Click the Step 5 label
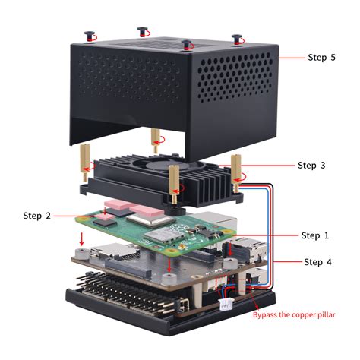pos(321,57)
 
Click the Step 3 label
pos(311,165)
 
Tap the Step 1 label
pos(315,235)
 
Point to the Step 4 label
pos(318,262)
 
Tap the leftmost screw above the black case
pos(90,36)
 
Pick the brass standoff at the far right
pos(236,168)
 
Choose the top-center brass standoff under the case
pos(156,141)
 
